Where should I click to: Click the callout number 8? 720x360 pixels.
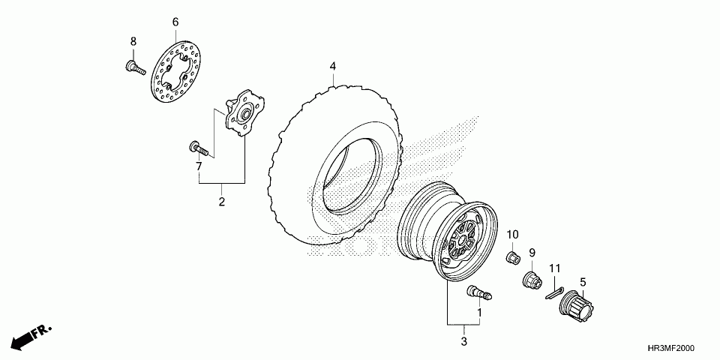pyautogui.click(x=133, y=40)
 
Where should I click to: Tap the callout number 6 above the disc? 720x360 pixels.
pyautogui.click(x=175, y=22)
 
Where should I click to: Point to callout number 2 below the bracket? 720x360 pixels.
pyautogui.click(x=222, y=202)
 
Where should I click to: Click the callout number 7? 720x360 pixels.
pyautogui.click(x=199, y=166)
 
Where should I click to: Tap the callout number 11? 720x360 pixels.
pyautogui.click(x=555, y=268)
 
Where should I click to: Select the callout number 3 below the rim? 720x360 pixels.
pyautogui.click(x=463, y=342)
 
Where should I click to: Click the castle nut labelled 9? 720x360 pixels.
pyautogui.click(x=530, y=281)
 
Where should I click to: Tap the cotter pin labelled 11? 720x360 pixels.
pyautogui.click(x=556, y=291)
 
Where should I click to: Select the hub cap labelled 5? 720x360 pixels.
pyautogui.click(x=578, y=304)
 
